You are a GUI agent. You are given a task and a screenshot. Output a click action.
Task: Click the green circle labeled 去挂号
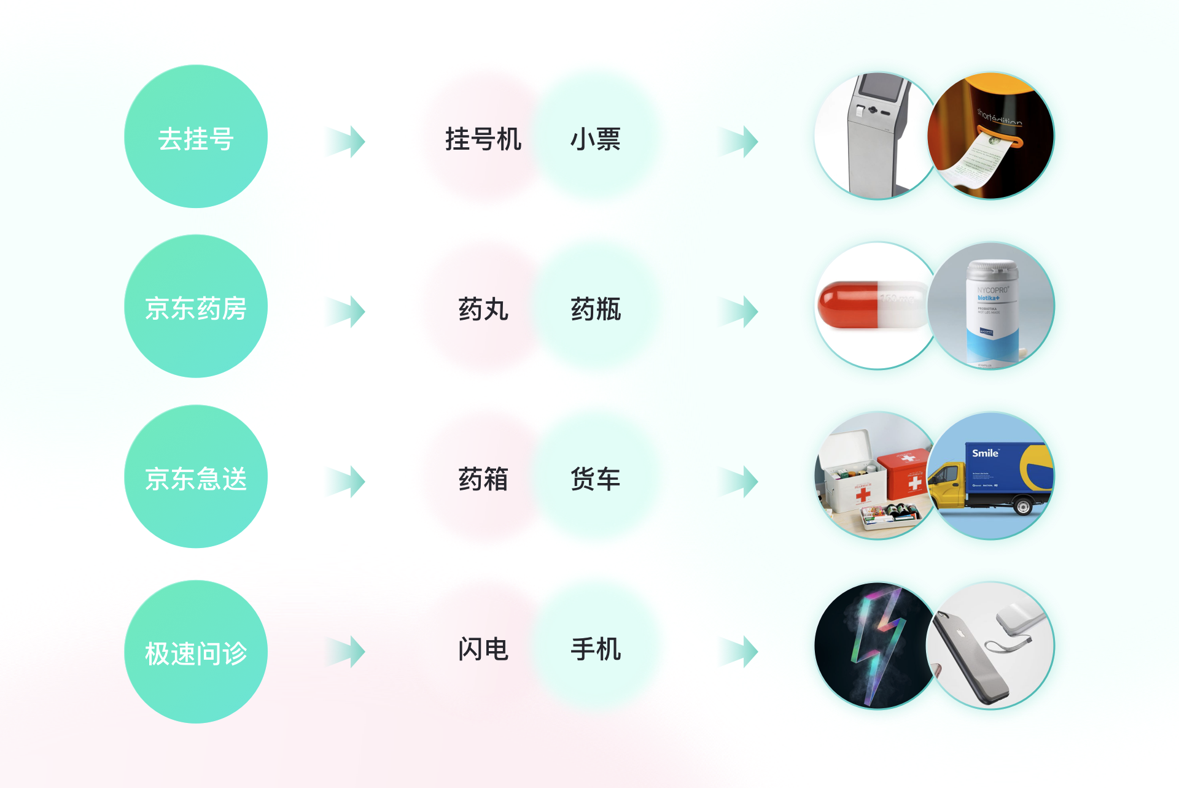[196, 137]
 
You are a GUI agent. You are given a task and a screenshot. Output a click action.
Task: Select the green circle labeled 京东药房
[196, 306]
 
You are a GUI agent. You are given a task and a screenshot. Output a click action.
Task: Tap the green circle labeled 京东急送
[196, 476]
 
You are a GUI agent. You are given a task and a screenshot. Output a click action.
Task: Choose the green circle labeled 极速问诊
[196, 652]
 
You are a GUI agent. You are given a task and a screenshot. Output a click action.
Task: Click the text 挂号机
[483, 139]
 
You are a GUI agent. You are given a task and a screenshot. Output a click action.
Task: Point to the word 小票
[595, 139]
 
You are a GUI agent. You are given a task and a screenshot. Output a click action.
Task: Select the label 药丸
[483, 309]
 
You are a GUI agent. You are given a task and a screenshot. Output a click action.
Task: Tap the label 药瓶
[595, 309]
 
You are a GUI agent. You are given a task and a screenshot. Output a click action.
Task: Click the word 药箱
[483, 479]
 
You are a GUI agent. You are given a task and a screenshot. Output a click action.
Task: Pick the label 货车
[595, 479]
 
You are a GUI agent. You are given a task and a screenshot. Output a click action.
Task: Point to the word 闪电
[483, 649]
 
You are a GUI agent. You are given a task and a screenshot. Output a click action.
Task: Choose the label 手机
[595, 649]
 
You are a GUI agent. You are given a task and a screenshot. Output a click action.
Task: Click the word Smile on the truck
[985, 454]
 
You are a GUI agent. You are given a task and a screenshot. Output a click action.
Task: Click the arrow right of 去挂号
[347, 142]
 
